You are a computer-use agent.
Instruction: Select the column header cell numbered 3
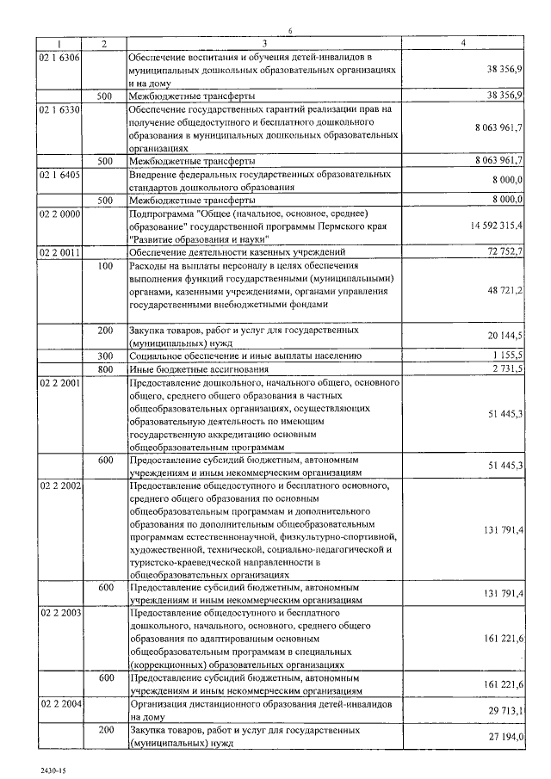tap(264, 43)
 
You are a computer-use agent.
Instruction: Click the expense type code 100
tap(105, 266)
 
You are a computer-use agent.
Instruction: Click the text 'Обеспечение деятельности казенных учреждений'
tap(236, 252)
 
